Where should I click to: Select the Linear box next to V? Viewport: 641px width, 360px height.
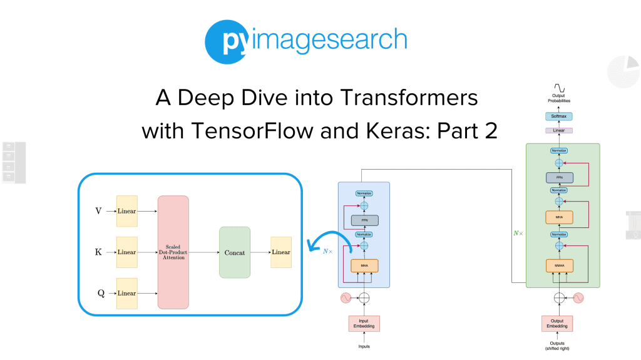click(127, 211)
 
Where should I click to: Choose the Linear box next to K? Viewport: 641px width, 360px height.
click(127, 252)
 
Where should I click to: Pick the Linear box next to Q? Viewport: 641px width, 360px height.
click(127, 293)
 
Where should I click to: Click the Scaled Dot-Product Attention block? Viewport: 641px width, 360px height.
click(173, 252)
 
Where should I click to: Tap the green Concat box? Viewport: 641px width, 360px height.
click(235, 252)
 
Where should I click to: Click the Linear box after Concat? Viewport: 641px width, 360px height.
click(280, 252)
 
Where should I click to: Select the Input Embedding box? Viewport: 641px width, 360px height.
click(364, 324)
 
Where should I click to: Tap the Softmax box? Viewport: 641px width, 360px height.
click(559, 116)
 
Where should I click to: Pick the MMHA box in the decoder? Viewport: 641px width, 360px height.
click(558, 265)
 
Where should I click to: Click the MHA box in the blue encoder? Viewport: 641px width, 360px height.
click(364, 266)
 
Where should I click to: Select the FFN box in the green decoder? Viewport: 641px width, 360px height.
click(558, 177)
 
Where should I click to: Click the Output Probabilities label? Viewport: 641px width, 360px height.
click(559, 98)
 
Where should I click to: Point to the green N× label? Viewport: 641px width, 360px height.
click(517, 233)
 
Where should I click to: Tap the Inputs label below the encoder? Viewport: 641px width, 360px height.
click(364, 346)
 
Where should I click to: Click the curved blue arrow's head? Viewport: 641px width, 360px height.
click(309, 247)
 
